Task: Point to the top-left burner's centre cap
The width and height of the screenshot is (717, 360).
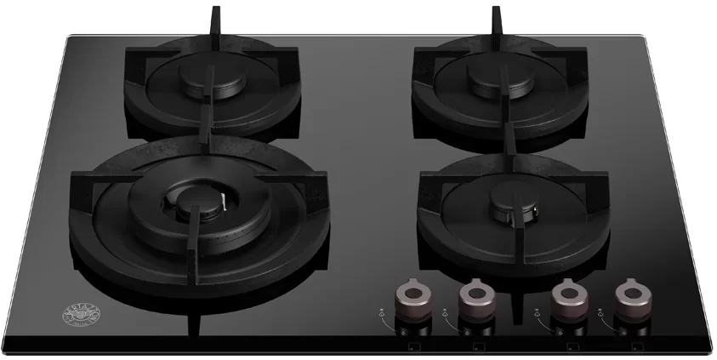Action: coord(203,81)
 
